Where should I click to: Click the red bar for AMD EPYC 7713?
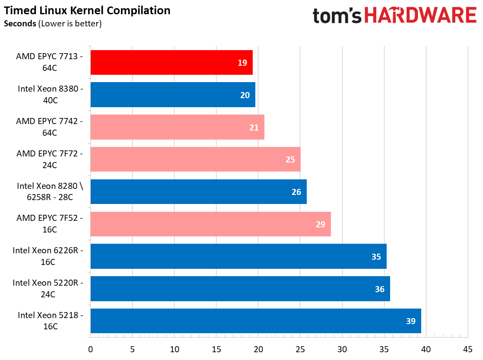click(172, 63)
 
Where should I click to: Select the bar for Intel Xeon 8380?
click(173, 95)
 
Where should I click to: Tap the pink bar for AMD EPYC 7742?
click(177, 127)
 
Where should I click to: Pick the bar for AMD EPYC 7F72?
click(195, 159)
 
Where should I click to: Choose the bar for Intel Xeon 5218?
click(256, 321)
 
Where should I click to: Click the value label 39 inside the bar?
click(410, 321)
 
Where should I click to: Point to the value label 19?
click(242, 63)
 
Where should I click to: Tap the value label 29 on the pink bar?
click(320, 224)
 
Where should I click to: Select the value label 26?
click(296, 192)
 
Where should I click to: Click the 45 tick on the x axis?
click(467, 349)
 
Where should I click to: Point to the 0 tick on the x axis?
click(90, 349)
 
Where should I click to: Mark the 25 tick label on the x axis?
click(300, 349)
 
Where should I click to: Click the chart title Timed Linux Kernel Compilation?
click(87, 10)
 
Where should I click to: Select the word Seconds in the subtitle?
click(20, 24)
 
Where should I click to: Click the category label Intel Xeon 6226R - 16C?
click(48, 256)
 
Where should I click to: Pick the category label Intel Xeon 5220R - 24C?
click(48, 288)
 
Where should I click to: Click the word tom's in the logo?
click(337, 16)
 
